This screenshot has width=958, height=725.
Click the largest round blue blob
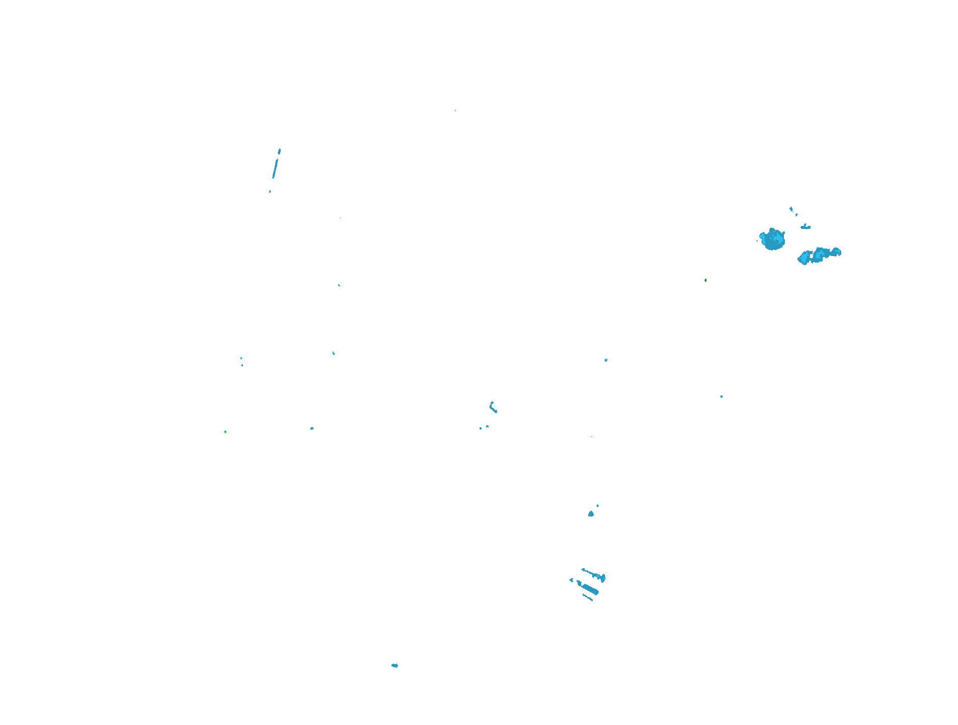(772, 239)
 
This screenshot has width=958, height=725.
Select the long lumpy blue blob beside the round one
(818, 255)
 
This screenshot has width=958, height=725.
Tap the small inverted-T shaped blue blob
(806, 227)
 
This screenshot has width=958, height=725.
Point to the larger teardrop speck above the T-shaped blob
(791, 209)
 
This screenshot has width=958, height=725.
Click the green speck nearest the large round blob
(705, 280)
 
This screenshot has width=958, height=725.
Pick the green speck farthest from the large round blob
(225, 432)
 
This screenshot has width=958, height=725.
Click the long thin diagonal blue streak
(275, 168)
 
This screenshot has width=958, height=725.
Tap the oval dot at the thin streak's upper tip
(279, 151)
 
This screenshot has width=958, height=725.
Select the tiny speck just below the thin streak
(270, 191)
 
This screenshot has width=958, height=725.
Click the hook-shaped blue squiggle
(493, 407)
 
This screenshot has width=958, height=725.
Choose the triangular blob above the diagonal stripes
(591, 514)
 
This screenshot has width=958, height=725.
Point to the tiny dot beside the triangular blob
(598, 506)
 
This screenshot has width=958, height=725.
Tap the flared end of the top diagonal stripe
(602, 578)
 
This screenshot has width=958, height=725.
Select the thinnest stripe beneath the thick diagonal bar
(588, 597)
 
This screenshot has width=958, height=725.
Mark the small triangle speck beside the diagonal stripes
(571, 580)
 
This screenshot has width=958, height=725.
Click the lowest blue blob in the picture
(394, 666)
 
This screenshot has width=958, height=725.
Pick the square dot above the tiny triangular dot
(241, 358)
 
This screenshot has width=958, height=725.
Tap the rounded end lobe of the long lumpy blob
(836, 252)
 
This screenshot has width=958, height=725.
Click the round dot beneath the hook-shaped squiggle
(487, 427)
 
